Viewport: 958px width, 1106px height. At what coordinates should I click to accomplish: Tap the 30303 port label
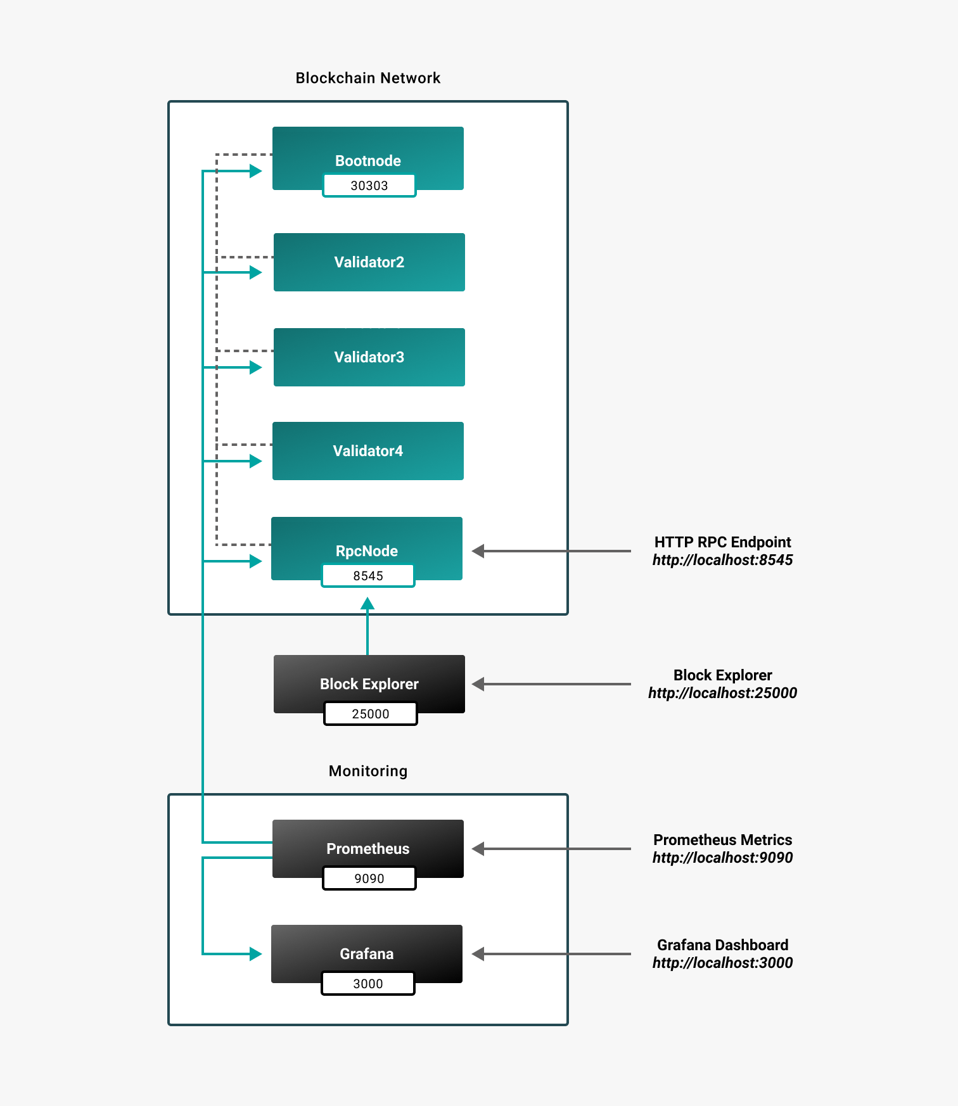point(369,186)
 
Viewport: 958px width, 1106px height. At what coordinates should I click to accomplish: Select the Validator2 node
point(369,262)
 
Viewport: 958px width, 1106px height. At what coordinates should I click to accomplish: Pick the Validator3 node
point(369,357)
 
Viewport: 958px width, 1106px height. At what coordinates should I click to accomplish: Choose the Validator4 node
point(368,451)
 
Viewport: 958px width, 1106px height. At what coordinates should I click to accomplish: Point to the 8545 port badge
point(368,576)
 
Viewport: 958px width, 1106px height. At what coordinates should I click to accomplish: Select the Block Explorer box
point(369,678)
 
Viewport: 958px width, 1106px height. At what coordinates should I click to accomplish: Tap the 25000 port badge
point(371,714)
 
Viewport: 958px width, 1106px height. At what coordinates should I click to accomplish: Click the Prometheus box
point(368,842)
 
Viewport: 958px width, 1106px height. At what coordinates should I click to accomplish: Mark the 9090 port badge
point(369,879)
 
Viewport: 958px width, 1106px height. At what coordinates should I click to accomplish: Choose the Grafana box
point(367,948)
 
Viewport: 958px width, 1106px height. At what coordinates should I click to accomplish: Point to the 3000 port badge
point(368,984)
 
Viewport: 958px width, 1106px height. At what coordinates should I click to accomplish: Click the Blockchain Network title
point(368,78)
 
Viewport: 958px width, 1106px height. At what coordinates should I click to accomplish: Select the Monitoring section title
point(368,771)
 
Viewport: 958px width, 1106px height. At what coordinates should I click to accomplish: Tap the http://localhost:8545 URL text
point(722,560)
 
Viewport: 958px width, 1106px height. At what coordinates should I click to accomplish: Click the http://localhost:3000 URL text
point(722,963)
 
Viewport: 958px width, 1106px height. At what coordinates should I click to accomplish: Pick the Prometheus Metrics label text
point(722,840)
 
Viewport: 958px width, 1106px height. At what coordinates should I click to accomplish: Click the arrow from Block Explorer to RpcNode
point(367,627)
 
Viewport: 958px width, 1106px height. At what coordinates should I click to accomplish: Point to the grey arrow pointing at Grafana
point(551,954)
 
